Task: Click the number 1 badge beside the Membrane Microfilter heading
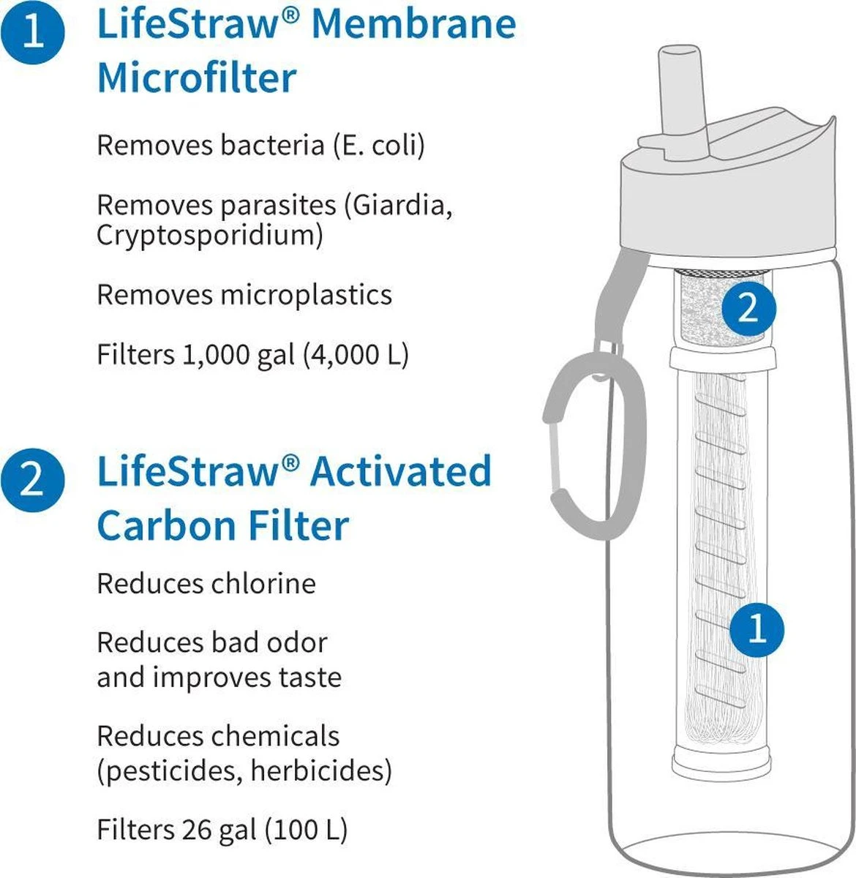[32, 33]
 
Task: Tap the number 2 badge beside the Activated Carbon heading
[32, 481]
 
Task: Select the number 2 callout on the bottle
[748, 309]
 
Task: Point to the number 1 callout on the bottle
[757, 628]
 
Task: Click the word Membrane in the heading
[413, 24]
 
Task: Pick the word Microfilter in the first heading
[197, 78]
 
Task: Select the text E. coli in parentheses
[378, 145]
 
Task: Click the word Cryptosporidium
[209, 236]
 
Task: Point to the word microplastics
[306, 295]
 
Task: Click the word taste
[310, 677]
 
